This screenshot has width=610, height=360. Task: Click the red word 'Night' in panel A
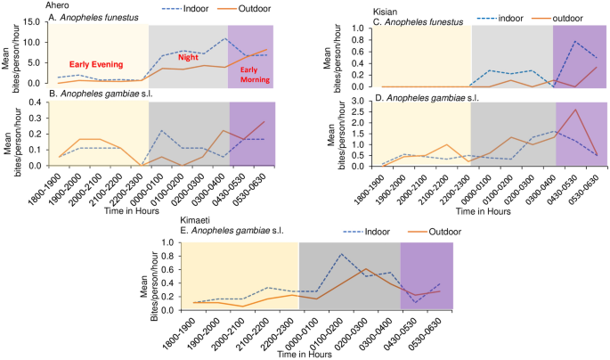coord(187,56)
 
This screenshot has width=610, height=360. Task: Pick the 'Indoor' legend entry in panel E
coord(374,233)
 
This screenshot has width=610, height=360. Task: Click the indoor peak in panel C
coord(575,42)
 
